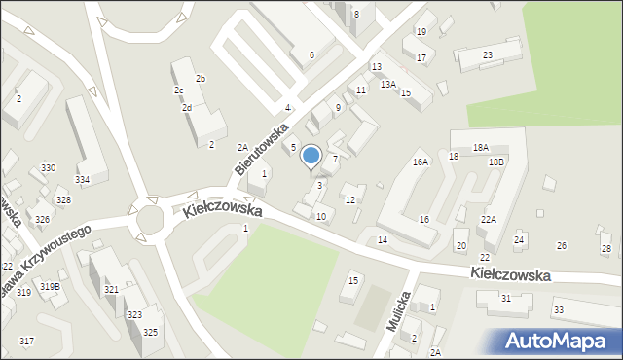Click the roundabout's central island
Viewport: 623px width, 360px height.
pos(150,220)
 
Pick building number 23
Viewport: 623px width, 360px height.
pos(487,54)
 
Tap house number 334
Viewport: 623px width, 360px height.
pos(83,180)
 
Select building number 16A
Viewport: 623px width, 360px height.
pos(421,162)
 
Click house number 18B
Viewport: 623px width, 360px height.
pos(496,162)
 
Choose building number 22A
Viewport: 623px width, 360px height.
pos(488,221)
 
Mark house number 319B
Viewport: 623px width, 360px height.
pos(50,286)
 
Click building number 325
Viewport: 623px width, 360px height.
pos(150,333)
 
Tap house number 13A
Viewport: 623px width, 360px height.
pos(387,85)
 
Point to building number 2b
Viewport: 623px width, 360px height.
pos(201,78)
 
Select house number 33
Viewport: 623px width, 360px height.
pos(558,309)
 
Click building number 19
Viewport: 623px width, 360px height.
pos(421,31)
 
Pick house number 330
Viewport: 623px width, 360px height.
pos(48,168)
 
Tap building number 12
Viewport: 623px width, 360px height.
pos(350,200)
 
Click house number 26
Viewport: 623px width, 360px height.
pos(561,246)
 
